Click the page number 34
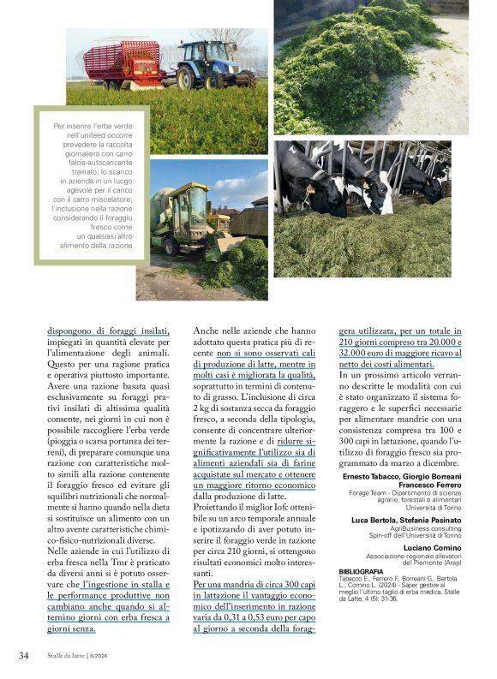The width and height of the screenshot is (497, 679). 23,656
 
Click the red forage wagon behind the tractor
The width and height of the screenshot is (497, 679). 125,62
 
